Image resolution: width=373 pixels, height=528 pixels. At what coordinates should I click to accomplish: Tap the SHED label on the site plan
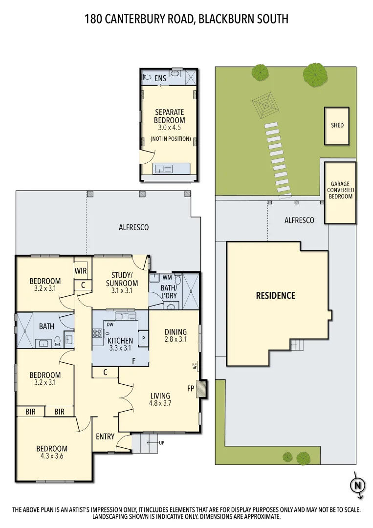(337, 125)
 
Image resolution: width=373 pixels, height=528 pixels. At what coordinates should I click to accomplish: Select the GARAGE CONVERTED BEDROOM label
(340, 190)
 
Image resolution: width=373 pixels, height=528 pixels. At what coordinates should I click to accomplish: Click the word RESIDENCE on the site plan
(276, 295)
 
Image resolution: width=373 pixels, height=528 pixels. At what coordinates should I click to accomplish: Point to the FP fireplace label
(191, 389)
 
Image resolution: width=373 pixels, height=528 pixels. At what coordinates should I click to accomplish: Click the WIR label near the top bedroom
(81, 271)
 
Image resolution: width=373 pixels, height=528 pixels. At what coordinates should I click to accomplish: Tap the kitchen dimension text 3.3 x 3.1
(120, 348)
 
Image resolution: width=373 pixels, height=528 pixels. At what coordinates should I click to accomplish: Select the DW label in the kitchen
(110, 324)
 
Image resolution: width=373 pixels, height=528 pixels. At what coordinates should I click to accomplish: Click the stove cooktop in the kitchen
(97, 334)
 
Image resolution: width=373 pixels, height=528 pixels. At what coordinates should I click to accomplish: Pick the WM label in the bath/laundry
(167, 277)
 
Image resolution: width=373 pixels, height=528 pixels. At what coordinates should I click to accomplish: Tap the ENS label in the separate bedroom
(160, 78)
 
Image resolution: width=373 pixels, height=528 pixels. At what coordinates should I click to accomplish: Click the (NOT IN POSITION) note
(170, 138)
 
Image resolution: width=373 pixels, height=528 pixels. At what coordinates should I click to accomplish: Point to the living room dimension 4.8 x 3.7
(160, 403)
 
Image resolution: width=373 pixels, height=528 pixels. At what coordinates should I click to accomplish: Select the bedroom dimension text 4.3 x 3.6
(52, 456)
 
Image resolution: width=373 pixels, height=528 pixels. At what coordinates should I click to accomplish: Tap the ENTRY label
(105, 436)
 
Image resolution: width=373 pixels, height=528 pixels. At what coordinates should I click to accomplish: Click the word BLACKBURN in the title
(229, 19)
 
